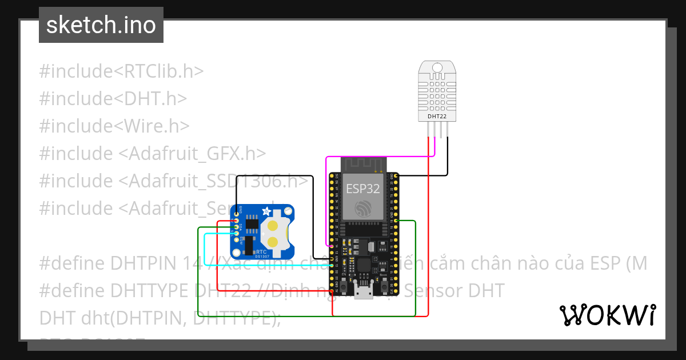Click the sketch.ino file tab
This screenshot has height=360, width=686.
(101, 25)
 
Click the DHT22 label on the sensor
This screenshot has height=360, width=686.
(437, 117)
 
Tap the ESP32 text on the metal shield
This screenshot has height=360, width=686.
(362, 189)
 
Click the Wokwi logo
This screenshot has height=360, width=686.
(608, 315)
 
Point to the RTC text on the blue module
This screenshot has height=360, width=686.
(261, 251)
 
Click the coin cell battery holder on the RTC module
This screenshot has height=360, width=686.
(274, 233)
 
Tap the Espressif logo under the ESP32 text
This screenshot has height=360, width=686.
(362, 209)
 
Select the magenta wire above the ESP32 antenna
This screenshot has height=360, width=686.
(377, 155)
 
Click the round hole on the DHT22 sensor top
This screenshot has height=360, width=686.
(437, 68)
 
